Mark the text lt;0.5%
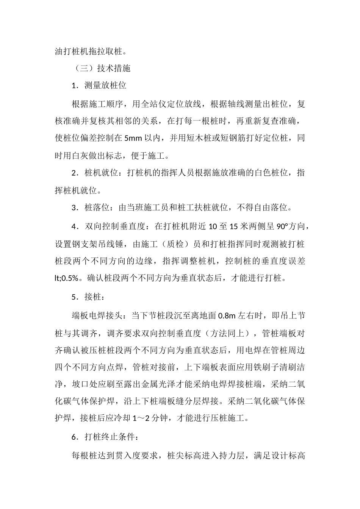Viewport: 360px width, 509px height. pyautogui.click(x=67, y=278)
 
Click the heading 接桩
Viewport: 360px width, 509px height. pyautogui.click(x=93, y=297)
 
